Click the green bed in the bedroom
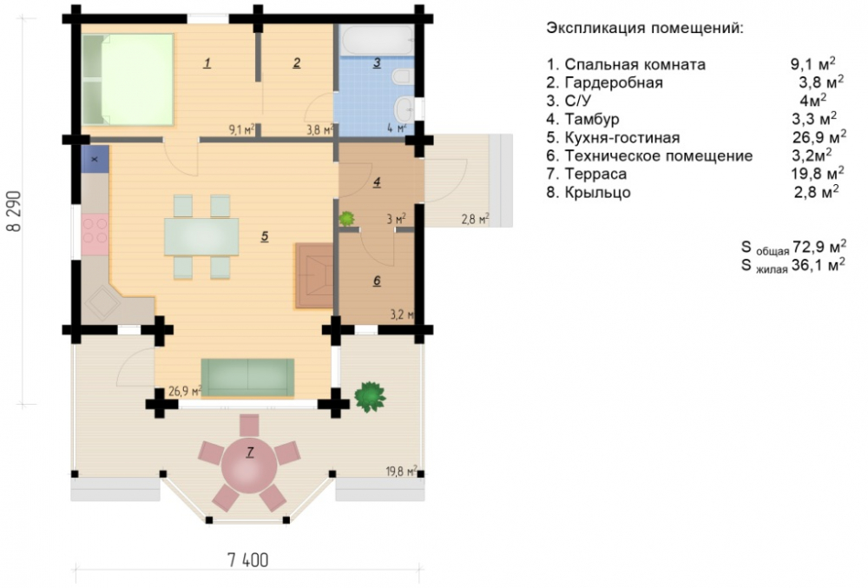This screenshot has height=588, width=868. [x=128, y=80]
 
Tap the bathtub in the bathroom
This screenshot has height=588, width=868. [x=377, y=41]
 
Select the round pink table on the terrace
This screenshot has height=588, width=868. [x=249, y=465]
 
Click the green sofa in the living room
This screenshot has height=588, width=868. [x=247, y=377]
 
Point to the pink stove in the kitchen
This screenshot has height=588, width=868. [x=95, y=235]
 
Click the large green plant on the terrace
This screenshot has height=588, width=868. [x=370, y=396]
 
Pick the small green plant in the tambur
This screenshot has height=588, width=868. [x=346, y=218]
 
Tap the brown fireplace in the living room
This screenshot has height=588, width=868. [x=313, y=275]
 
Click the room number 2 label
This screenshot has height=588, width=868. [x=297, y=63]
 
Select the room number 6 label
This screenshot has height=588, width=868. [x=377, y=281]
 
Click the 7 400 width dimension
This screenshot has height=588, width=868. [x=248, y=559]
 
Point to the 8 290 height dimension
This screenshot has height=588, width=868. [x=14, y=211]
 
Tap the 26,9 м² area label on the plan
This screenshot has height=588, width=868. [x=184, y=391]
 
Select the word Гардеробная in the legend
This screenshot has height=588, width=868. [x=614, y=83]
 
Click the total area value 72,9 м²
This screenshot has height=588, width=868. [x=819, y=246]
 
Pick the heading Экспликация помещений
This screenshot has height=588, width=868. [x=645, y=29]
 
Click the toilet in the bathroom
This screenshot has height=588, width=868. [x=403, y=76]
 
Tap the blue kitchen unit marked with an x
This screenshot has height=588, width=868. [x=95, y=159]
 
